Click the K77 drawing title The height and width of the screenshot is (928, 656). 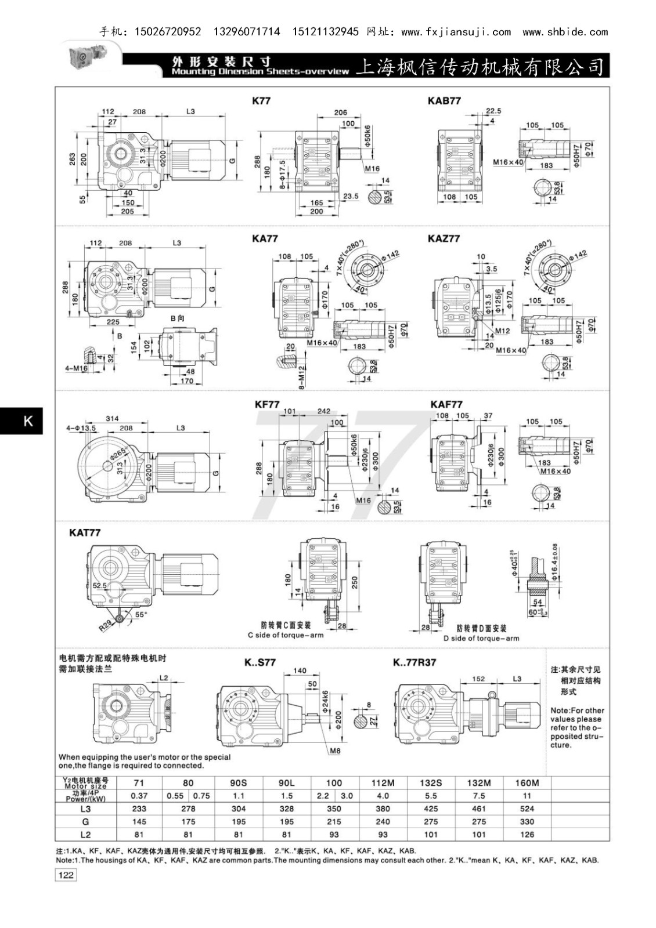click(x=261, y=100)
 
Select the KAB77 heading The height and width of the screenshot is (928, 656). click(x=444, y=100)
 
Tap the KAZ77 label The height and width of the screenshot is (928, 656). click(x=444, y=238)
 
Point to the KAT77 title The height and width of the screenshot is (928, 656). click(x=85, y=532)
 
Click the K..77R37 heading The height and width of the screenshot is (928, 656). click(x=414, y=662)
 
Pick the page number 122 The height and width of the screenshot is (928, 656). click(x=66, y=875)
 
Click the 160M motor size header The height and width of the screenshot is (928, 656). click(x=527, y=782)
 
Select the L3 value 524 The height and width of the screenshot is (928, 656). click(x=527, y=809)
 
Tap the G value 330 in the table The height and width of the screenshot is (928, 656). click(x=527, y=821)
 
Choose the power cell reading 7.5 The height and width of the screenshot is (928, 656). click(x=479, y=796)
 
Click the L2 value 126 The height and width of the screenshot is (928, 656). click(x=527, y=835)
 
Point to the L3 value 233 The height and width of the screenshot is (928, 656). click(x=139, y=809)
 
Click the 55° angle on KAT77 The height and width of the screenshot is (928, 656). click(x=141, y=614)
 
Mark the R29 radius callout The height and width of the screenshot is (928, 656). click(x=105, y=625)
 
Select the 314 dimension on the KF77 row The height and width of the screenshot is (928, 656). click(x=112, y=418)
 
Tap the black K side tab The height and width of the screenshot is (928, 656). click(x=27, y=421)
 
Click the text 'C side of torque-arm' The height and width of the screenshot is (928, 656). click(x=286, y=635)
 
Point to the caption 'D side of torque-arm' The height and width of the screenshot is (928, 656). click(x=481, y=638)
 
